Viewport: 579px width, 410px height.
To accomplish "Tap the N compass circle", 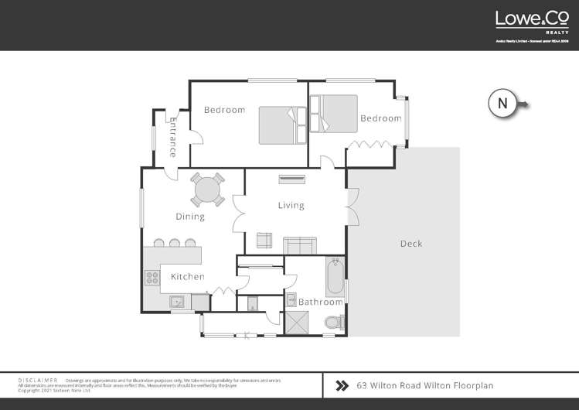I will click(x=502, y=104).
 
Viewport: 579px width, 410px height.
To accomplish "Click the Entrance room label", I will click(x=173, y=138).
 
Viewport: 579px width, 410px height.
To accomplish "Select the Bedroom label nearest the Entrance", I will click(x=224, y=110).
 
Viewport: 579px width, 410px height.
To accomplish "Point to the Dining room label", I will click(x=189, y=217).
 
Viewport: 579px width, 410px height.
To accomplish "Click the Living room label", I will click(x=291, y=205).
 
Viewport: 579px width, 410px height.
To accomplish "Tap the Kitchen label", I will click(x=187, y=276).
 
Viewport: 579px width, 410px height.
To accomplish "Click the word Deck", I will click(x=410, y=244).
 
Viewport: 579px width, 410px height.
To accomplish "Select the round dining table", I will click(x=207, y=189).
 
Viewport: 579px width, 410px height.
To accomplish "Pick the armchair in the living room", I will click(x=265, y=241).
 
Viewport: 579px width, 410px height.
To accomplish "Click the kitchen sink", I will click(x=177, y=302).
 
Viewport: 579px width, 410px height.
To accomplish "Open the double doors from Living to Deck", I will click(x=353, y=207).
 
